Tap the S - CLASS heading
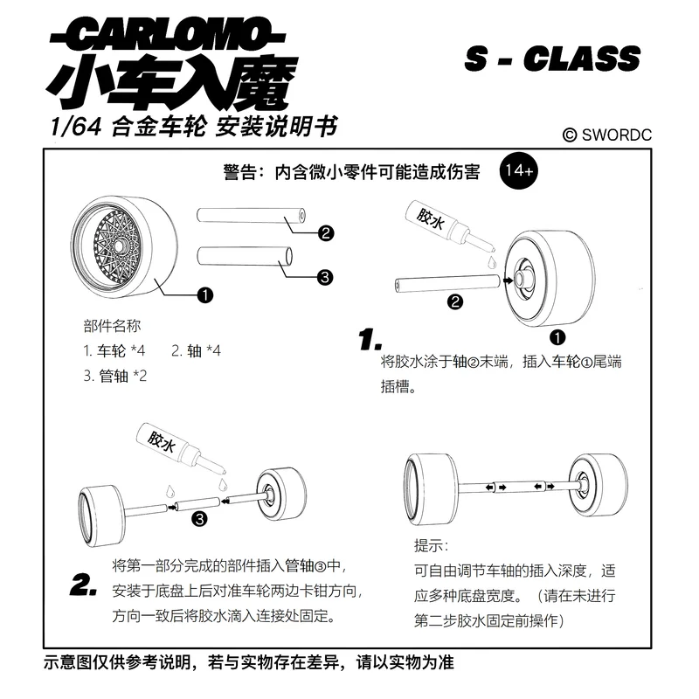pyautogui.click(x=552, y=59)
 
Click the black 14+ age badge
pyautogui.click(x=519, y=171)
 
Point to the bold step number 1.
pyautogui.click(x=370, y=338)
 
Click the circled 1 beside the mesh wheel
pyautogui.click(x=205, y=295)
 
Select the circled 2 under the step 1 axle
pyautogui.click(x=454, y=303)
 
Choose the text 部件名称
pyautogui.click(x=112, y=326)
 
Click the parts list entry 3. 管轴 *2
pyautogui.click(x=115, y=376)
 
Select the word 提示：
pyautogui.click(x=431, y=547)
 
